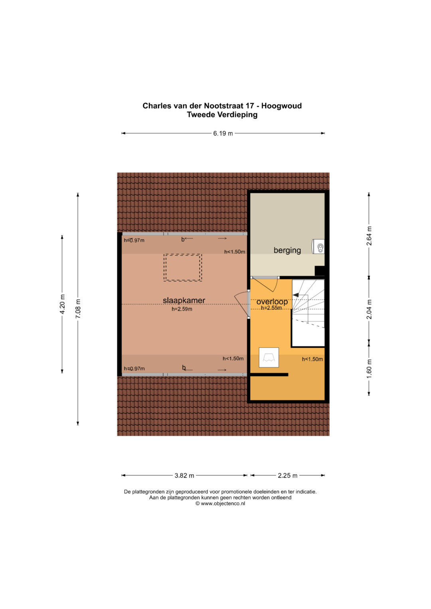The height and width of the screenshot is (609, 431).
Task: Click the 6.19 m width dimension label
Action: (223, 134)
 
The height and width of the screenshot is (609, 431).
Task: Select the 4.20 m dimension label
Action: (62, 304)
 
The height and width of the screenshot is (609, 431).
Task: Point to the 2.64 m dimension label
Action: (369, 236)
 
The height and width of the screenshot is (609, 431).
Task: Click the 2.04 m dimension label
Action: (369, 309)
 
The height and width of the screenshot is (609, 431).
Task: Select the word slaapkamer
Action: (184, 300)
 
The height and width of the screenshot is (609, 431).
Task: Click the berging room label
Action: (287, 250)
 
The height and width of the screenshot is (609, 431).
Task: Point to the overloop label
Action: (272, 302)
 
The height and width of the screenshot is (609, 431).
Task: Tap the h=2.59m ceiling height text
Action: (182, 309)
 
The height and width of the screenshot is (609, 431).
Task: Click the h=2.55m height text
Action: (271, 308)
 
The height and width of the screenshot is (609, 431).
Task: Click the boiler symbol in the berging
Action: (318, 246)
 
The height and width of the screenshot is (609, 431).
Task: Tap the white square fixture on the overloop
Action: (269, 357)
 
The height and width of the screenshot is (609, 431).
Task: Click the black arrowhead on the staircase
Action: (296, 295)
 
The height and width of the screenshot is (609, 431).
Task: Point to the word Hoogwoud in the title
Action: (281, 106)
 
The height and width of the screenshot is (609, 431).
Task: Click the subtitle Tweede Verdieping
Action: (222, 115)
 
